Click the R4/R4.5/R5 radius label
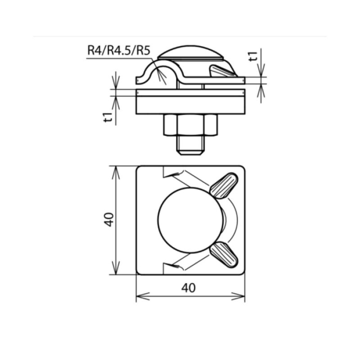118,50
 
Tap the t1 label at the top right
253,56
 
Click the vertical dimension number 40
108,220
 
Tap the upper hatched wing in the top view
224,185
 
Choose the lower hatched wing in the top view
224,254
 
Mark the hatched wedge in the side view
222,71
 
